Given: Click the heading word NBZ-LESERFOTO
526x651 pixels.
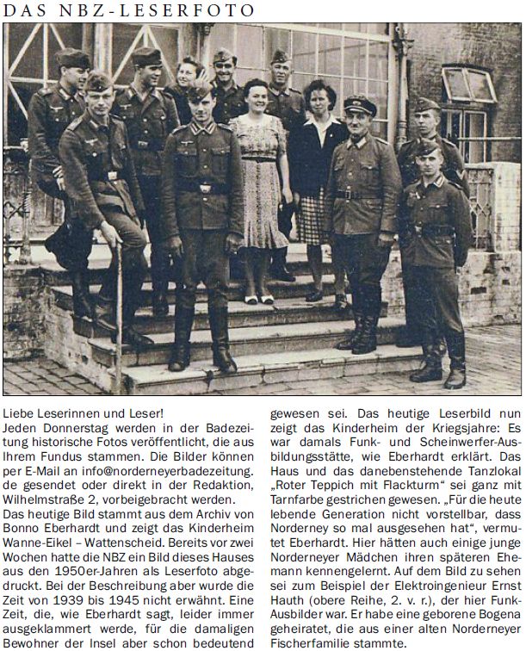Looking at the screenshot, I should (173, 10).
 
